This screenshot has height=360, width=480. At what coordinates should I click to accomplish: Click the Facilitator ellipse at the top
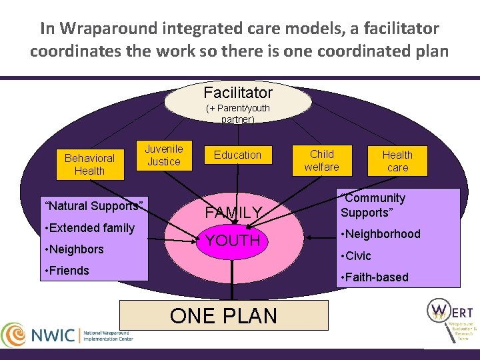coord(238,93)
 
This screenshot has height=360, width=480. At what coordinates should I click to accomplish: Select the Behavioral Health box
coord(89,164)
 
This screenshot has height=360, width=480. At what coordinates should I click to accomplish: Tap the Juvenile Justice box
coord(163,155)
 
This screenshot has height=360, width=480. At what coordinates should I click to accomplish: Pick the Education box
coord(237,155)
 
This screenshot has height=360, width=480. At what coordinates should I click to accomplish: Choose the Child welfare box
coord(321,160)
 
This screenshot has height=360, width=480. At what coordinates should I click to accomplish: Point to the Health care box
coord(397,161)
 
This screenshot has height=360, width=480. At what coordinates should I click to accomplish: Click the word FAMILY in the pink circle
coord(233,213)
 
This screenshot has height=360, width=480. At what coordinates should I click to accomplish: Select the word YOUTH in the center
coord(233,241)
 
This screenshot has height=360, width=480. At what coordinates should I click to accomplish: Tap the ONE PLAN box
coord(224,315)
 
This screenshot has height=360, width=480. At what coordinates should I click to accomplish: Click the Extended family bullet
coord(88,228)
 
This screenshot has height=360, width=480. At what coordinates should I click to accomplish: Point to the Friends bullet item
coord(65,271)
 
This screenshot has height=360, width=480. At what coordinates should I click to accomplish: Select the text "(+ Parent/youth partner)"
coord(238,113)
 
